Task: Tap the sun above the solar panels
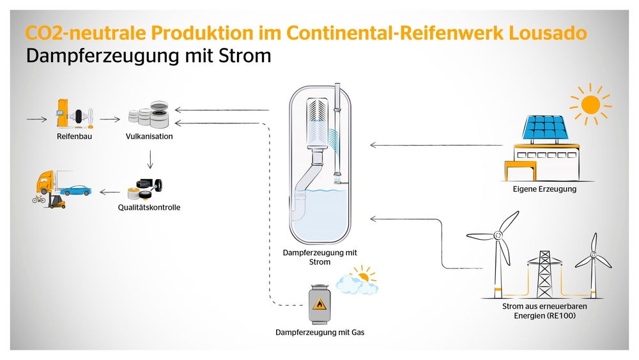(590, 104)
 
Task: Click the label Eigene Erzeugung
(544, 189)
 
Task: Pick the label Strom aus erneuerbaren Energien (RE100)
(544, 311)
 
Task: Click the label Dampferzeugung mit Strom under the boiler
(319, 257)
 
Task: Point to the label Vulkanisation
(149, 136)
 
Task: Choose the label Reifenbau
(70, 136)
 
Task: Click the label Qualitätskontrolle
(149, 208)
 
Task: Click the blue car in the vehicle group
(77, 189)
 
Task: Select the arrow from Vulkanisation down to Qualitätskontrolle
(150, 159)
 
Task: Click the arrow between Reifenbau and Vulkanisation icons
(109, 119)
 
